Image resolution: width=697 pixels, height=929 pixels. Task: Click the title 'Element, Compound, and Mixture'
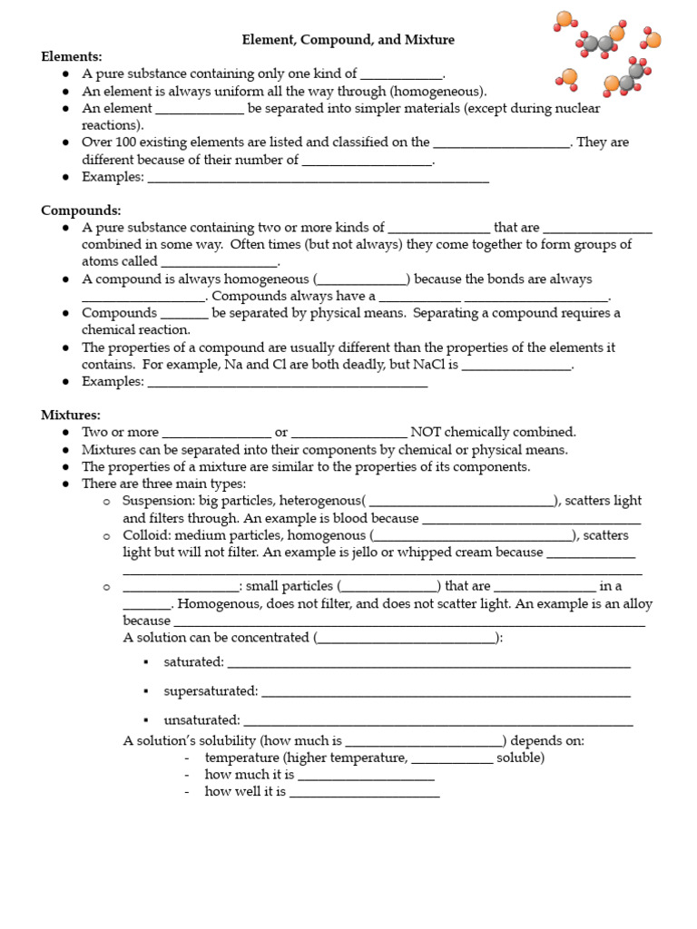(x=348, y=40)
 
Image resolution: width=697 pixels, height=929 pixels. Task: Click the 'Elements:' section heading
(x=72, y=57)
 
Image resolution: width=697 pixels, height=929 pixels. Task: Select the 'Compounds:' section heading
(x=81, y=210)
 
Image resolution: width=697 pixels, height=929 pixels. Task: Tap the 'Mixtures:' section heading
(x=71, y=415)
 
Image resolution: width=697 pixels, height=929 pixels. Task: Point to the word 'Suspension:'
(x=154, y=500)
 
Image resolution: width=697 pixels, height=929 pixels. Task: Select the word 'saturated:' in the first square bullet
(x=193, y=662)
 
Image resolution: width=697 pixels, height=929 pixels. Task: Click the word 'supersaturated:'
(x=211, y=691)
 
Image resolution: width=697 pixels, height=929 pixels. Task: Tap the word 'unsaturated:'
(x=201, y=720)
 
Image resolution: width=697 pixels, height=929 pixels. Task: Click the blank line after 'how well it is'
(x=364, y=792)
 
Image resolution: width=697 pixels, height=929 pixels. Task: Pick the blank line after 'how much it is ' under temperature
(x=366, y=775)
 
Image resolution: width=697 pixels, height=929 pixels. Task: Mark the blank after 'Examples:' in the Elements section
(x=318, y=178)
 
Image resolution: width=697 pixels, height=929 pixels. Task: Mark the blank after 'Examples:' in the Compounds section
(x=287, y=382)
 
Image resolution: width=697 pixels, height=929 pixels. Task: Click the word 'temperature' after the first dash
(x=241, y=758)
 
